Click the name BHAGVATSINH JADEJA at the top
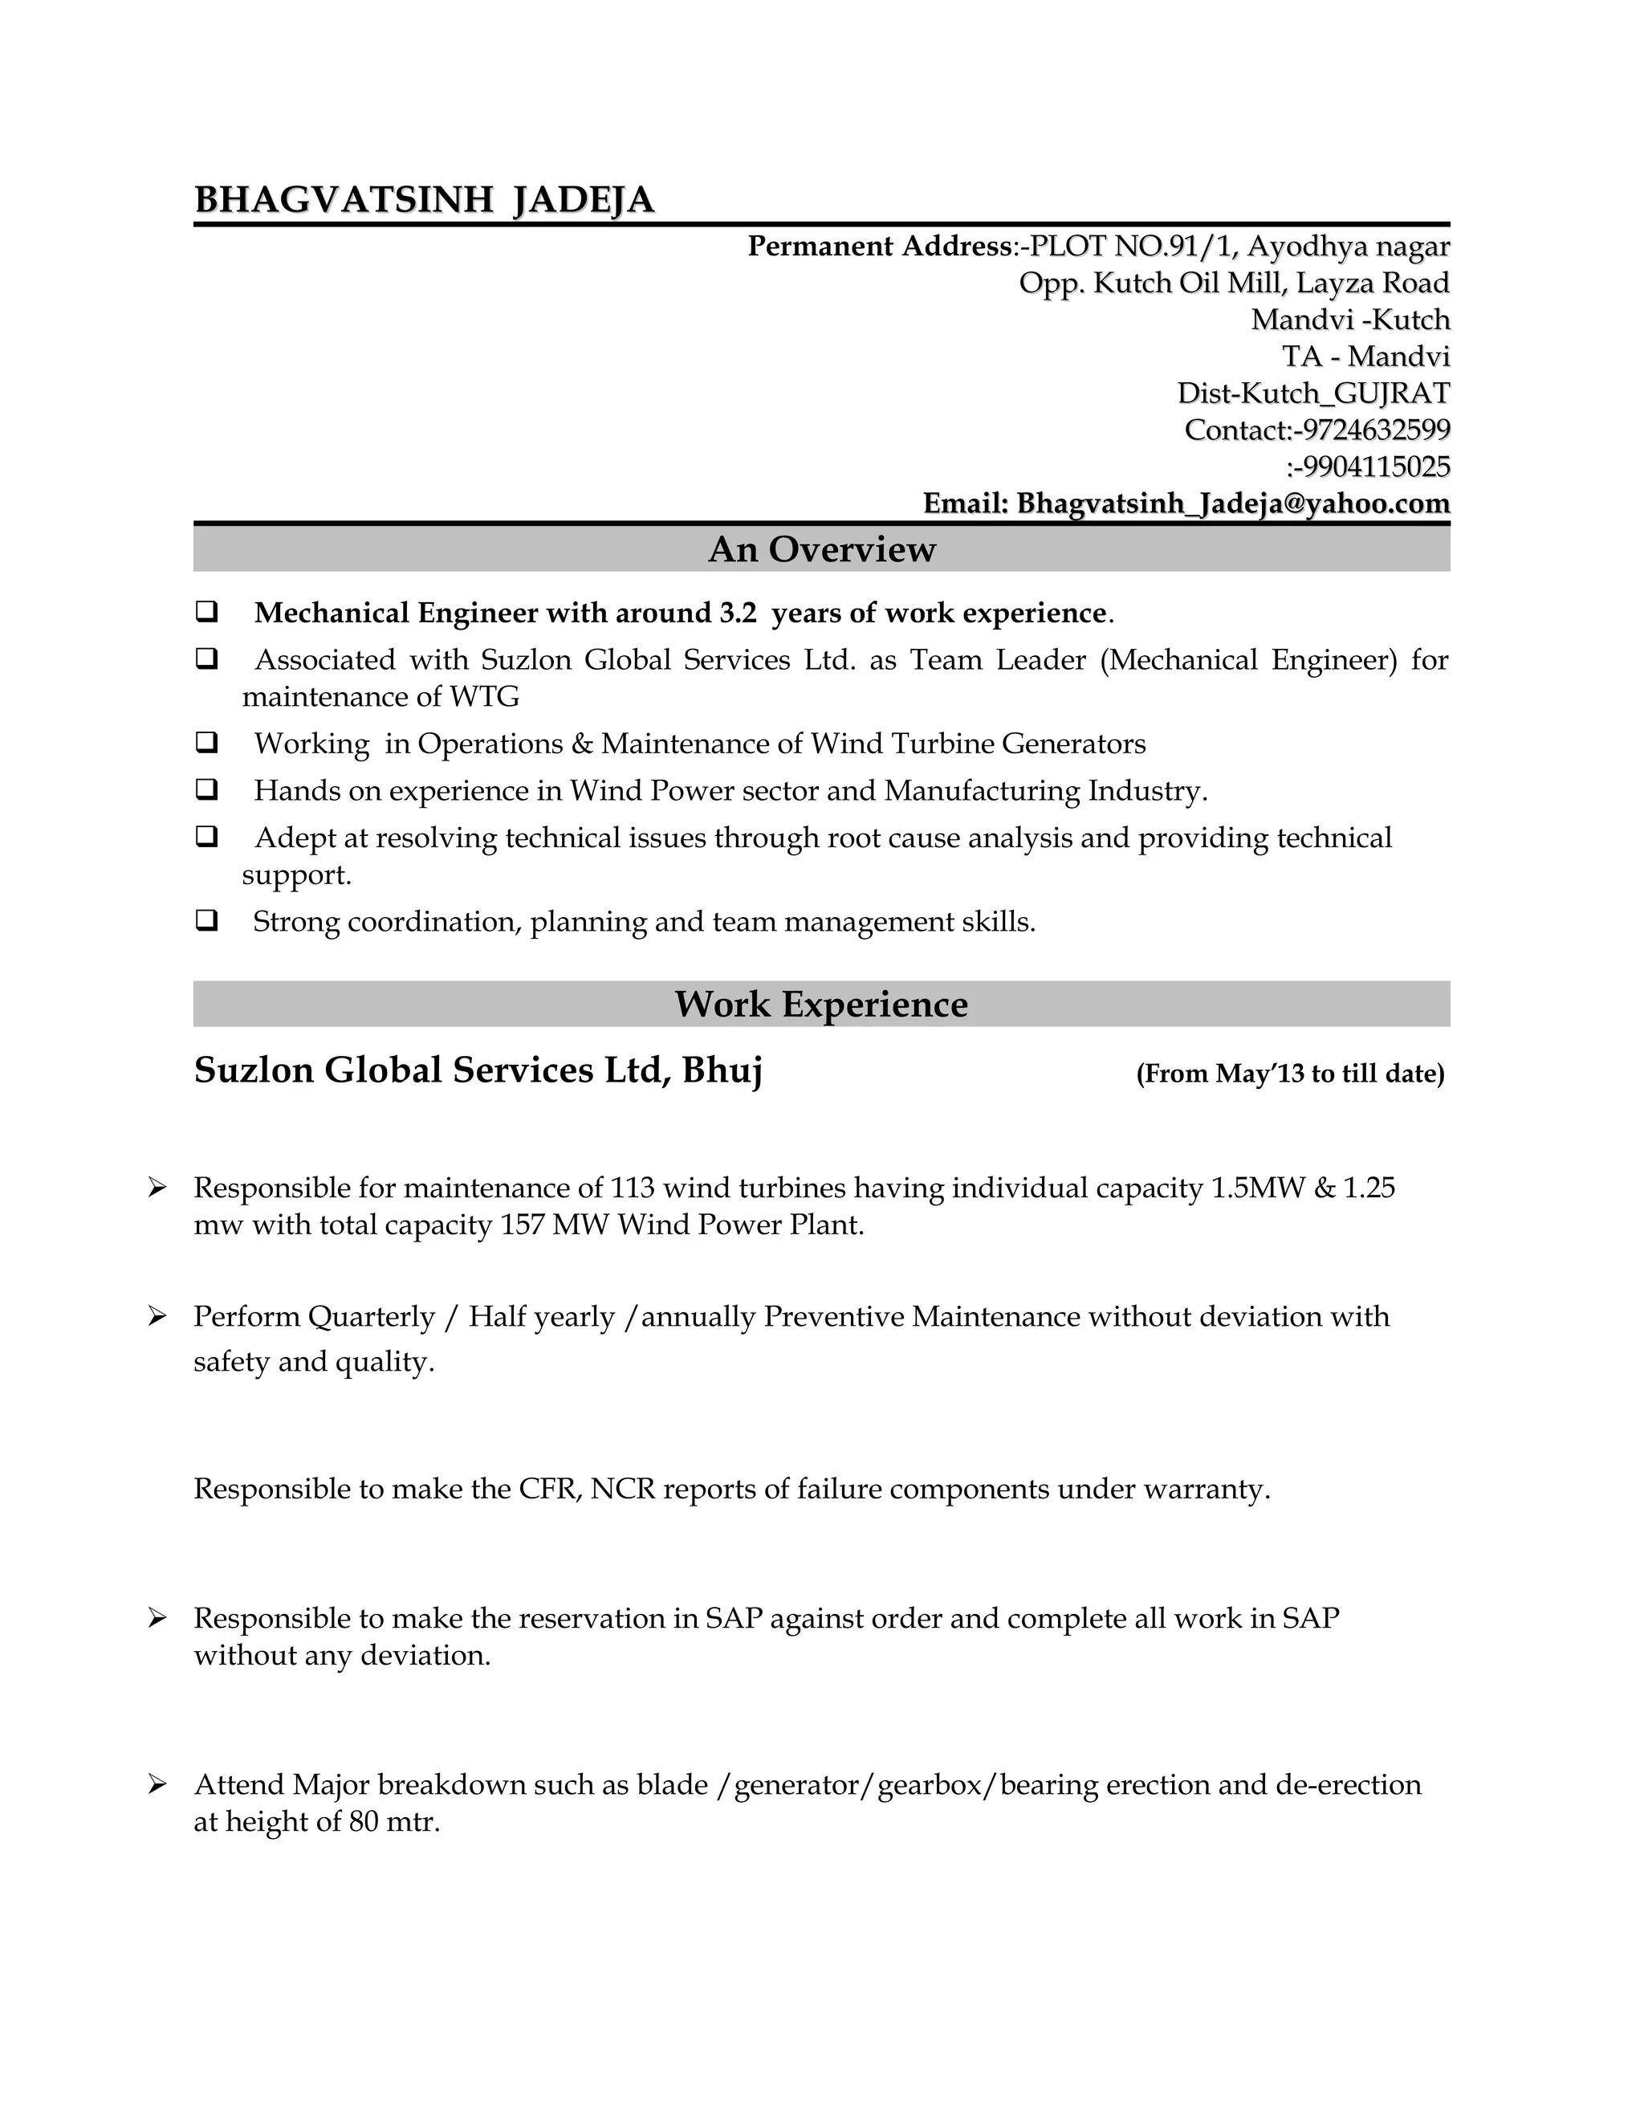[x=424, y=200]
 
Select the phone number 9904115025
[x=1376, y=467]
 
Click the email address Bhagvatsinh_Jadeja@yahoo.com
[x=1233, y=503]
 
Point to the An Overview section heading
[x=821, y=549]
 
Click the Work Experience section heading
[x=821, y=1005]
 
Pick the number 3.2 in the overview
[x=737, y=613]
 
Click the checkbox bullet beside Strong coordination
[x=206, y=919]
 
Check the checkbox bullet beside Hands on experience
[x=206, y=789]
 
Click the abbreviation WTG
[x=484, y=698]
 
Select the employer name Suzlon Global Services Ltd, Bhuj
[x=478, y=1070]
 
